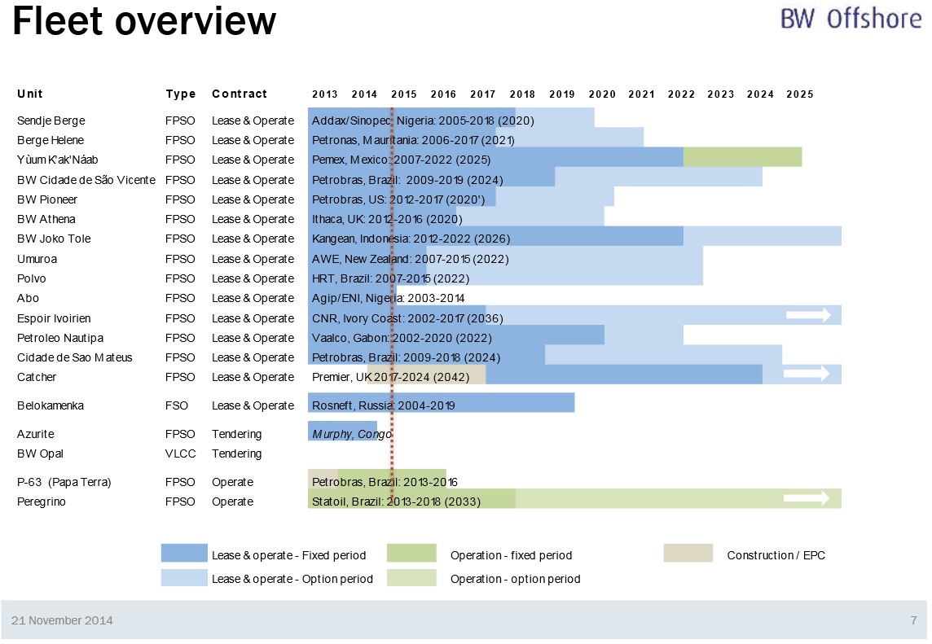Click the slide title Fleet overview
144,21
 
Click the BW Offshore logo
851,19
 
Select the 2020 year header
602,94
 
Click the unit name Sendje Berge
51,120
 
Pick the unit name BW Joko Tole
54,239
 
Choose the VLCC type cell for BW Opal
180,453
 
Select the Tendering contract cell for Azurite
236,434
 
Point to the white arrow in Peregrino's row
807,498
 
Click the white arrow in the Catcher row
807,374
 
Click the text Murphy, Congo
352,434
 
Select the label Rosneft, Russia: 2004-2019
383,405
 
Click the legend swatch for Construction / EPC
688,554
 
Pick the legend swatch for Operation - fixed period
411,554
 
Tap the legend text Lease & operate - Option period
292,579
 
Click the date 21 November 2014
62,620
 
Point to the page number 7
913,620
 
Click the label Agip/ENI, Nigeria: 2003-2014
388,298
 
